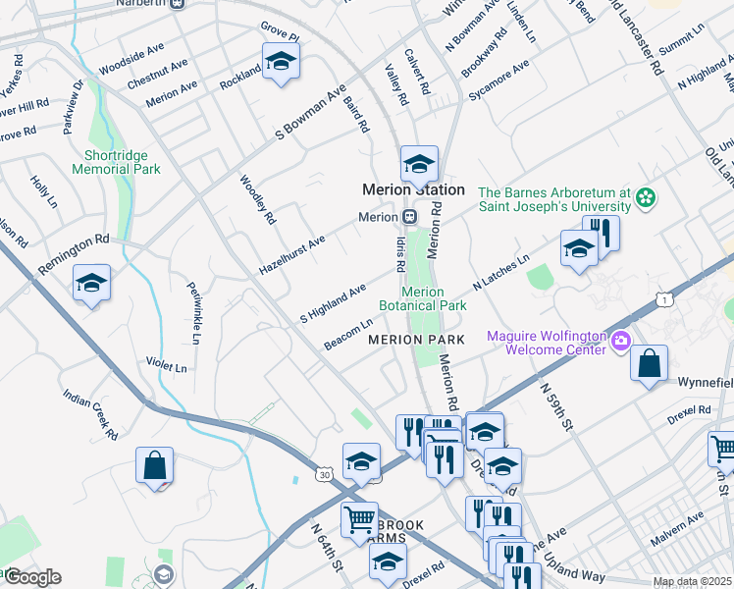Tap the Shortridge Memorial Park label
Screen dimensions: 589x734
point(116,162)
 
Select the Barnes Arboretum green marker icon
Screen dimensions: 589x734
point(645,199)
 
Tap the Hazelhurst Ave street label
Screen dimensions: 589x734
point(291,254)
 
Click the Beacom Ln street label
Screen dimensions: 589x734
point(348,334)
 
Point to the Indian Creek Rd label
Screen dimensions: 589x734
point(90,413)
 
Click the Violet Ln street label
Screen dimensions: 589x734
point(166,366)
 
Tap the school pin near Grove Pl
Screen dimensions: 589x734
point(281,62)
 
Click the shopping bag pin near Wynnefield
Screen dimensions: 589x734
point(649,364)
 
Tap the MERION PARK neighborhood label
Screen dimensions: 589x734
point(415,340)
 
